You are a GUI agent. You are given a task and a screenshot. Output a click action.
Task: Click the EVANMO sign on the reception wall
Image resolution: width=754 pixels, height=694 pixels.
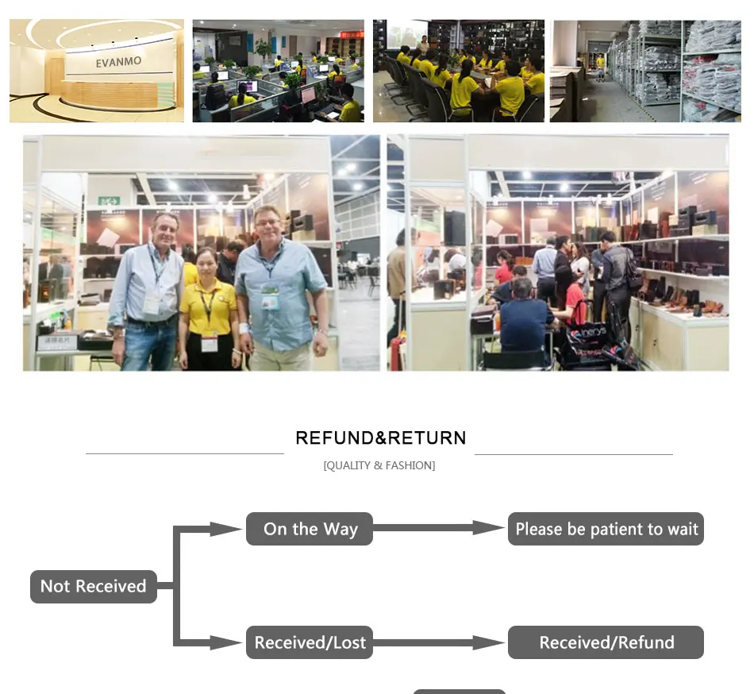[x=118, y=62]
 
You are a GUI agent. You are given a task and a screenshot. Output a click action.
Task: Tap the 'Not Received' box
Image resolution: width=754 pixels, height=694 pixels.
[x=94, y=586]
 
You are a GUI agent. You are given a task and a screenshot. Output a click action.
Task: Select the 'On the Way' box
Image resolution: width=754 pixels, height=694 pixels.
[x=310, y=529]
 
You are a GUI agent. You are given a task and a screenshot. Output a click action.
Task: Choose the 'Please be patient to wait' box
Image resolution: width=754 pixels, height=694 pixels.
[x=606, y=529]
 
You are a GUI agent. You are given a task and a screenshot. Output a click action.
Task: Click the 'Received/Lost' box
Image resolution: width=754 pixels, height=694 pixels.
[x=310, y=642]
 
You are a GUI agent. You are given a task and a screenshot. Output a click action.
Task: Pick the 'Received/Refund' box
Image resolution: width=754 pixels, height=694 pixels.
[x=606, y=642]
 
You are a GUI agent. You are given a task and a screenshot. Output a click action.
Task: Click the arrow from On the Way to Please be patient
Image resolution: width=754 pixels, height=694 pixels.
[x=440, y=528]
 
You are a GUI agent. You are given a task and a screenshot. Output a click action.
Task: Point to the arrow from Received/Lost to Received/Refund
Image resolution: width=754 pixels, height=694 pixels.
[x=440, y=642]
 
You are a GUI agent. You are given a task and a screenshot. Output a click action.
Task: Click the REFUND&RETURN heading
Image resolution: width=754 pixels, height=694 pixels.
[x=380, y=438]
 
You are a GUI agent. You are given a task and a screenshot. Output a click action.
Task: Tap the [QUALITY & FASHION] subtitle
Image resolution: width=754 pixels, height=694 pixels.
[x=379, y=465]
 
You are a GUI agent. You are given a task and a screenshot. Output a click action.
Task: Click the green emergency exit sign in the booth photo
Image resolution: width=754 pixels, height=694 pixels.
[x=110, y=201]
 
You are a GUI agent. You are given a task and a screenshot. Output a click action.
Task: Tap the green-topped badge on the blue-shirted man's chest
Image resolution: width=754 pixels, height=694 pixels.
[x=270, y=295]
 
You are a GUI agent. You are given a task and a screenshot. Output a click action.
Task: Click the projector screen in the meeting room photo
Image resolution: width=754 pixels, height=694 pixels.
[x=407, y=33]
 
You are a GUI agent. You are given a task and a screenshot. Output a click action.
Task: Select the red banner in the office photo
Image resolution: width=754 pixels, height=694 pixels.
[x=352, y=34]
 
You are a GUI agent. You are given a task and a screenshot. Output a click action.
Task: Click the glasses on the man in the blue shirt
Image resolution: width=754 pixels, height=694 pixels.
[x=267, y=222]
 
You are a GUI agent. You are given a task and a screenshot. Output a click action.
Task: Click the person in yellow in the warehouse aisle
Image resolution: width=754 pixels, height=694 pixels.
[x=600, y=67]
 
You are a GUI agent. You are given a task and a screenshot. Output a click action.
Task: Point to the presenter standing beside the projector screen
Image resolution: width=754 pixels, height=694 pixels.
[x=423, y=46]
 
